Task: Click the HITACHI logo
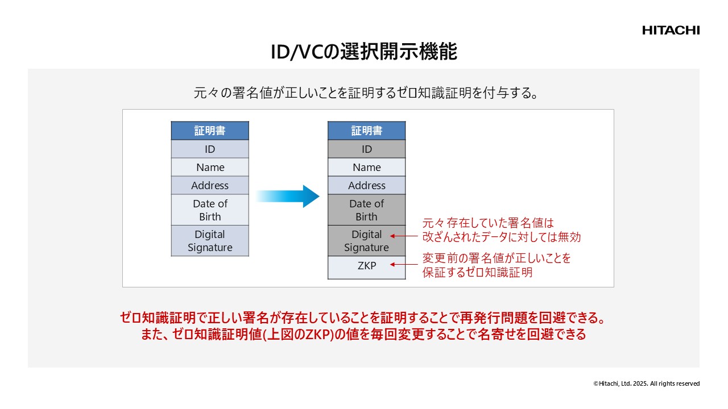tap(671, 30)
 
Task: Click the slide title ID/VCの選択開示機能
tap(364, 52)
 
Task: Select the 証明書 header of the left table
tap(210, 131)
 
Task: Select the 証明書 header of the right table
tap(366, 131)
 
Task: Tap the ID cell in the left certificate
tap(210, 149)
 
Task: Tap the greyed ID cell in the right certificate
tap(366, 149)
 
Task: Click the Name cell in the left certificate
tap(210, 167)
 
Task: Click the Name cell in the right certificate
tap(366, 167)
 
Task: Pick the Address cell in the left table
tap(210, 185)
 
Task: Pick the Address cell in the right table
tap(366, 185)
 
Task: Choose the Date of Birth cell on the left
tap(210, 210)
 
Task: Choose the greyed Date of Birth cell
tap(366, 210)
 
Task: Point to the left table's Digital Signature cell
tap(210, 241)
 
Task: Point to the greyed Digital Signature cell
tap(366, 241)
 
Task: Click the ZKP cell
tap(366, 265)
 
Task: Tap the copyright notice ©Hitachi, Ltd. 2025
tap(646, 383)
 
